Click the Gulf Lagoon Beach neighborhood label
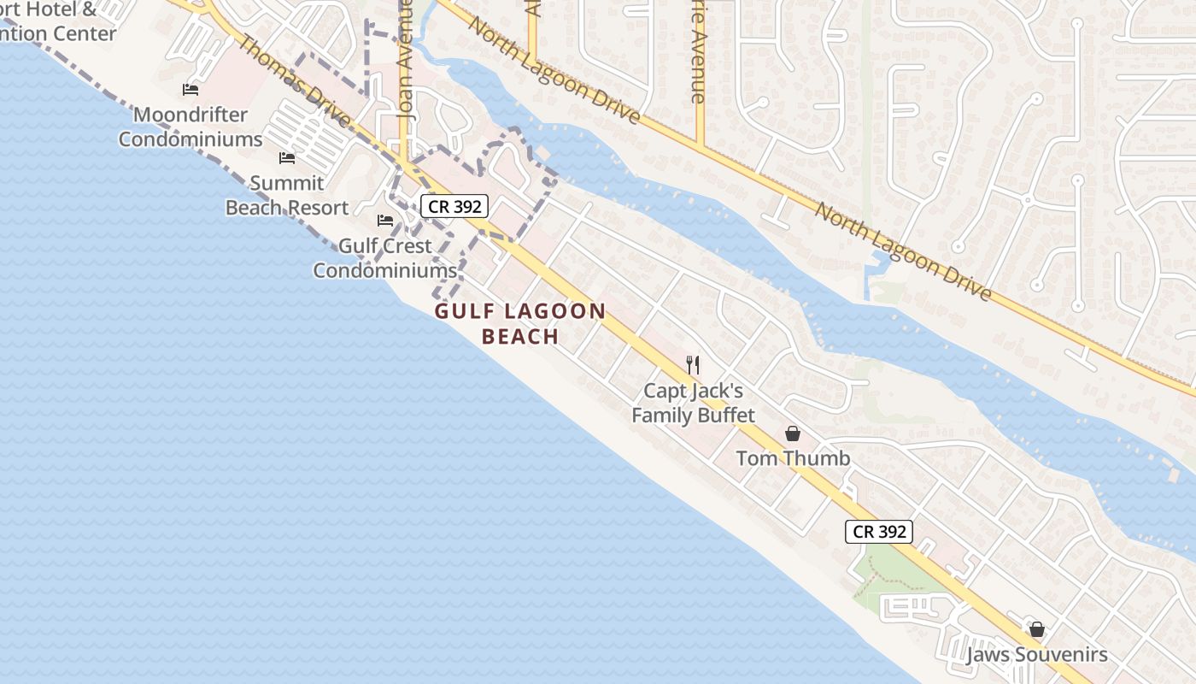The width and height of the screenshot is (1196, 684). click(519, 323)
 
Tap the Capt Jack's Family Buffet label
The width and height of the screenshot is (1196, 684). click(693, 403)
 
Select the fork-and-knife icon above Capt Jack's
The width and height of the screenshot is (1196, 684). click(693, 365)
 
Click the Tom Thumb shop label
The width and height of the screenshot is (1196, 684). click(793, 458)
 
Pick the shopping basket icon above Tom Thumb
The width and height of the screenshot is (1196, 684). click(792, 433)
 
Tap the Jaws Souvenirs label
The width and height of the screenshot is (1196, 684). click(1036, 655)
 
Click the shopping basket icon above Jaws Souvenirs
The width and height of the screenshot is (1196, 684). click(1037, 630)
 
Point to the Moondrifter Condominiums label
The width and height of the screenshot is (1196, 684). click(191, 127)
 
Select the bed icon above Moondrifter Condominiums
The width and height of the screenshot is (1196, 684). click(191, 90)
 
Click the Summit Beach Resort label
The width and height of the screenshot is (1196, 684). click(287, 195)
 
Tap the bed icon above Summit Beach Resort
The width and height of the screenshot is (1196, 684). click(287, 158)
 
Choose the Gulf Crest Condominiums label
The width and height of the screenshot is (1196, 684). click(385, 258)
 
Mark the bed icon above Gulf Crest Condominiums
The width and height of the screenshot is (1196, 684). click(385, 221)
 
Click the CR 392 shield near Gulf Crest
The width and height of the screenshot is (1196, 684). click(454, 205)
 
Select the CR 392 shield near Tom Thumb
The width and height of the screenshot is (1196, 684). click(880, 531)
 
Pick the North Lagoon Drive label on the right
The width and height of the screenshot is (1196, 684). click(903, 251)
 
